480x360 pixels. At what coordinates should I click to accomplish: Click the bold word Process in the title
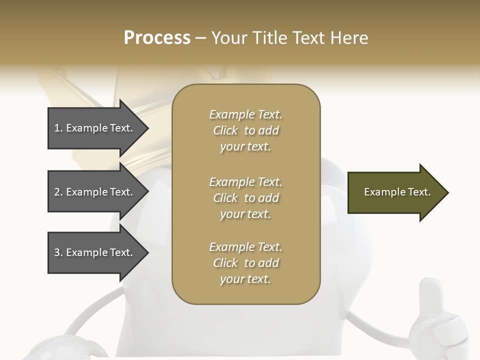(x=157, y=38)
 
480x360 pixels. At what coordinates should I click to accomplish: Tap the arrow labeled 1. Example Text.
(x=95, y=128)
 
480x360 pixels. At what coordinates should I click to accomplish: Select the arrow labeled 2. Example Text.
(x=95, y=192)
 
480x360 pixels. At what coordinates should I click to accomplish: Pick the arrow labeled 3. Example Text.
(x=95, y=252)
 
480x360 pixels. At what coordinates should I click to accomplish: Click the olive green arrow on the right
(x=395, y=192)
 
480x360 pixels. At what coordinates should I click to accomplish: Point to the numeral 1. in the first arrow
(x=58, y=128)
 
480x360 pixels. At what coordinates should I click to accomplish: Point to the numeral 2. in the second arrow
(x=58, y=192)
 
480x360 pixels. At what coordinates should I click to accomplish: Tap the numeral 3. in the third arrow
(x=58, y=252)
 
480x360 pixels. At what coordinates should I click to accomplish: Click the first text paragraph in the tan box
(x=245, y=130)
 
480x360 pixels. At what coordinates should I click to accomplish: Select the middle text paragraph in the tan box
(x=245, y=198)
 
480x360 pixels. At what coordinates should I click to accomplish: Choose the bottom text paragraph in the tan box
(x=245, y=263)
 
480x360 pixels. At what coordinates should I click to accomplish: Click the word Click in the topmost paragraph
(x=225, y=130)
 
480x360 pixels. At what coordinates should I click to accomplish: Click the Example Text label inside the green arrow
(x=397, y=192)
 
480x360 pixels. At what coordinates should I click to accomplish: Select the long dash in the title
(x=200, y=38)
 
